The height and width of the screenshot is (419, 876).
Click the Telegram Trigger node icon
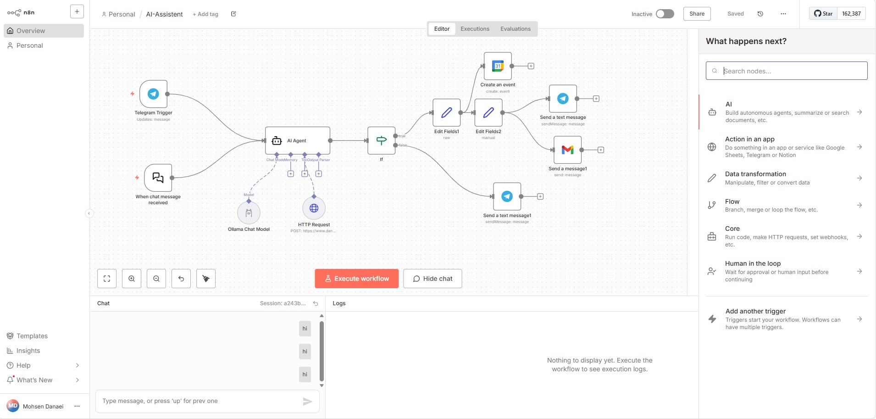[153, 94]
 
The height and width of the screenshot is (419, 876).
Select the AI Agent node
[297, 140]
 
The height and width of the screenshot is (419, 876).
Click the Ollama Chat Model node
[249, 213]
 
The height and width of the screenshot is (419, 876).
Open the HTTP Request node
[314, 208]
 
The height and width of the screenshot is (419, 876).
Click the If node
[381, 140]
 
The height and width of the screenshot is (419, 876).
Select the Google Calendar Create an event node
[498, 66]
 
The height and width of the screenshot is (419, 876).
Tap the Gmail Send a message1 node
[567, 150]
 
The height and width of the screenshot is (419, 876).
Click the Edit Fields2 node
[488, 112]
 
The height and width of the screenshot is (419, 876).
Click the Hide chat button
[432, 279]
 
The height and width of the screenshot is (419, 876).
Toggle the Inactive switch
[665, 14]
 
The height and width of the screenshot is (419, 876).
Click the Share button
[697, 14]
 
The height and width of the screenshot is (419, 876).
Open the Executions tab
[475, 29]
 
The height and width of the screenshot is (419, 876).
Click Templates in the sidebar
[32, 336]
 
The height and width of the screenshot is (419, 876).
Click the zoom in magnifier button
[132, 279]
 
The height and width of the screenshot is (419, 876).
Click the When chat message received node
[158, 178]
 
